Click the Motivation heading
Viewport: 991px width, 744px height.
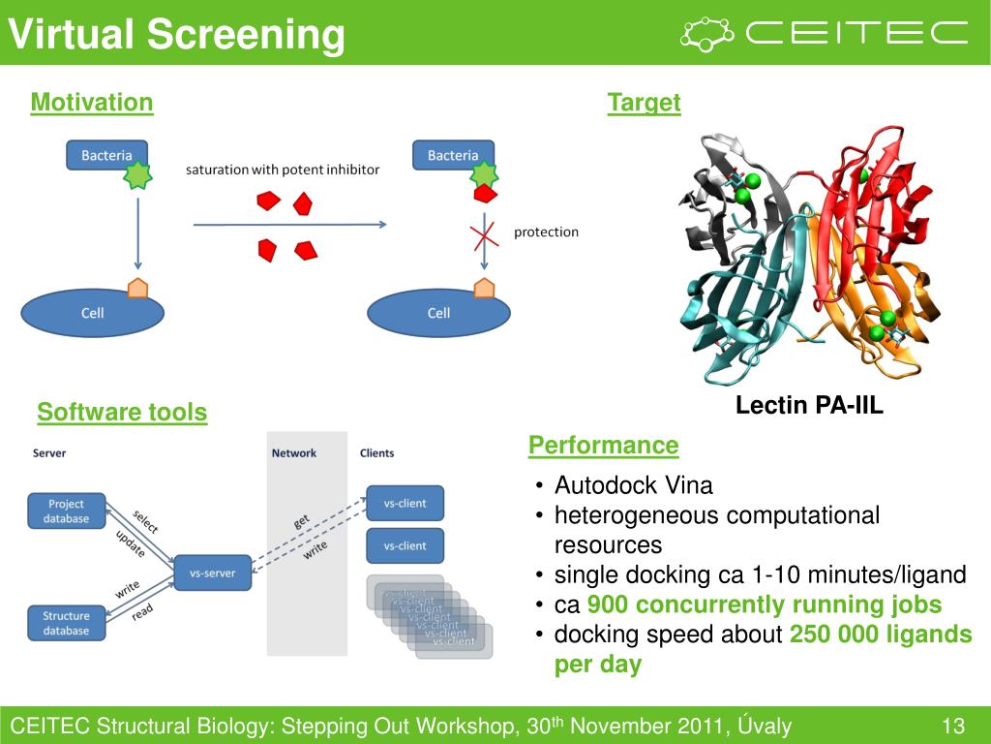click(92, 103)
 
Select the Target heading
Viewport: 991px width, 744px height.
click(644, 103)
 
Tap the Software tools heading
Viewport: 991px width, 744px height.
click(122, 413)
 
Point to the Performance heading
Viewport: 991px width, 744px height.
click(603, 446)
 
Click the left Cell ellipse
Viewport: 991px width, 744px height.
click(93, 313)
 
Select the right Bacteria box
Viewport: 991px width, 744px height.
click(453, 155)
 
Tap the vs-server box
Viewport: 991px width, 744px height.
click(212, 573)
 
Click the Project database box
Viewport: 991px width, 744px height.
click(66, 511)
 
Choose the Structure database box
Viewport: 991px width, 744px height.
click(66, 623)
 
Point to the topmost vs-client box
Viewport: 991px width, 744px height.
click(405, 503)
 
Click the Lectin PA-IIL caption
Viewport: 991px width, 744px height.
click(809, 405)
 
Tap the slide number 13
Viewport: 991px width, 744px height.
click(953, 727)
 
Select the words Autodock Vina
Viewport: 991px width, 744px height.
click(633, 485)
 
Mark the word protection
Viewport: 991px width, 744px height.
click(546, 232)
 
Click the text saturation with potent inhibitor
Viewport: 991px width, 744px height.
click(283, 170)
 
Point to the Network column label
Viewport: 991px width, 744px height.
click(293, 452)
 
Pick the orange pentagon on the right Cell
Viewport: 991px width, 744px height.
click(484, 288)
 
